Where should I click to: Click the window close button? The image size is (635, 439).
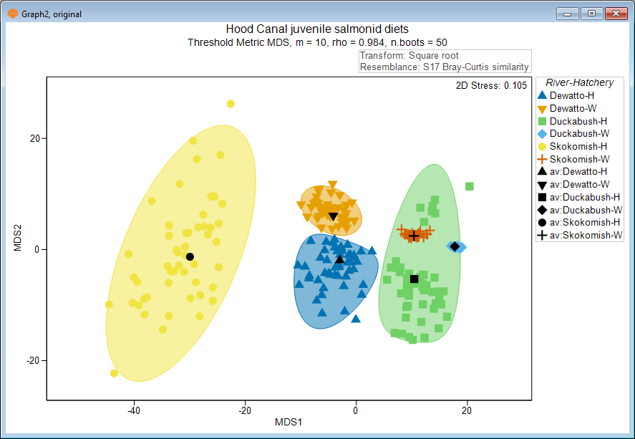tap(614, 13)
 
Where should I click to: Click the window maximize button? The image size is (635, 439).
tap(591, 13)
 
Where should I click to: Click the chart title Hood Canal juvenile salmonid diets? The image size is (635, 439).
tap(317, 29)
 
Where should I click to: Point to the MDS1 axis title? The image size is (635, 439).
tap(289, 422)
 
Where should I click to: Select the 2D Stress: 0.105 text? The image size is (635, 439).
tap(491, 86)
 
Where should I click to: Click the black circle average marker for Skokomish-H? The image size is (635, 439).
tap(190, 256)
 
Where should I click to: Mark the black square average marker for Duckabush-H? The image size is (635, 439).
tap(414, 279)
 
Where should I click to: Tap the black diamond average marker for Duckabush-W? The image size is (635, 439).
tap(455, 246)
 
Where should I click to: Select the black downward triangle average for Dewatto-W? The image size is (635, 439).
tap(333, 217)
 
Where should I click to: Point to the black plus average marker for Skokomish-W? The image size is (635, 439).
tap(414, 236)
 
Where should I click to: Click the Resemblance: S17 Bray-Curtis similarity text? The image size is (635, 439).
tap(445, 67)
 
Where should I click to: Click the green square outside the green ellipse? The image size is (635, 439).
tap(470, 186)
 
